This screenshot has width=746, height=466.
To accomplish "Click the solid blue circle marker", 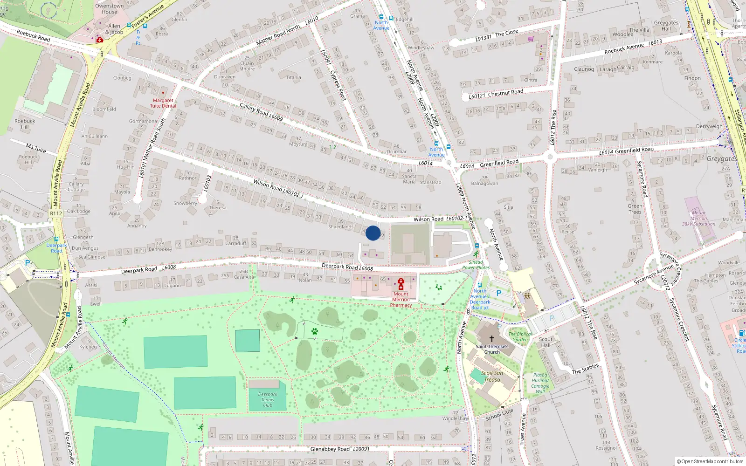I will point(373,233).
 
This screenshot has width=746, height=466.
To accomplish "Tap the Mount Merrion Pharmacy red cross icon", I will point(401,284).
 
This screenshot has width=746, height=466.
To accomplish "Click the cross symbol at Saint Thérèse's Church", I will point(491,339).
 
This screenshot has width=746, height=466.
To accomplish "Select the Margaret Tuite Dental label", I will point(163,103).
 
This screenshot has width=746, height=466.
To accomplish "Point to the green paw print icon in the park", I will point(315,332).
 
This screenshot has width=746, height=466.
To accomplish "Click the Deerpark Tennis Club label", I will point(268,399).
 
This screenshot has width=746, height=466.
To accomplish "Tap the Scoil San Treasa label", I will point(492,376).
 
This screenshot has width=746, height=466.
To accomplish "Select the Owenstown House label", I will point(110,9).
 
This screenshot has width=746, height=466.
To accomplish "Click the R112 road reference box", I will point(56,213).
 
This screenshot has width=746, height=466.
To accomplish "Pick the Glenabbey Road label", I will point(330,449).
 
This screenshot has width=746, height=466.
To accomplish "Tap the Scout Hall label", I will point(546,342).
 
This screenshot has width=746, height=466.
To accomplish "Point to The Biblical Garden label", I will point(520,336).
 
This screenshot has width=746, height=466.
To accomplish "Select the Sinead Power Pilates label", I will point(476,265).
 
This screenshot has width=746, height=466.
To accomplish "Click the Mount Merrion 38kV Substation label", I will point(698,218).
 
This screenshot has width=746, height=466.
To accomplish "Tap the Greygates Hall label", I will point(666,26).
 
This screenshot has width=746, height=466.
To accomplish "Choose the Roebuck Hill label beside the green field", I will point(25,124).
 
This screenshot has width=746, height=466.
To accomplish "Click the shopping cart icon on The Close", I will point(531,39).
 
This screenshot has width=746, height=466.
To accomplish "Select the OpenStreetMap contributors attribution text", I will point(710,462).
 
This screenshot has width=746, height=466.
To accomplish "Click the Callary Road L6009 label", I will point(261,112).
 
